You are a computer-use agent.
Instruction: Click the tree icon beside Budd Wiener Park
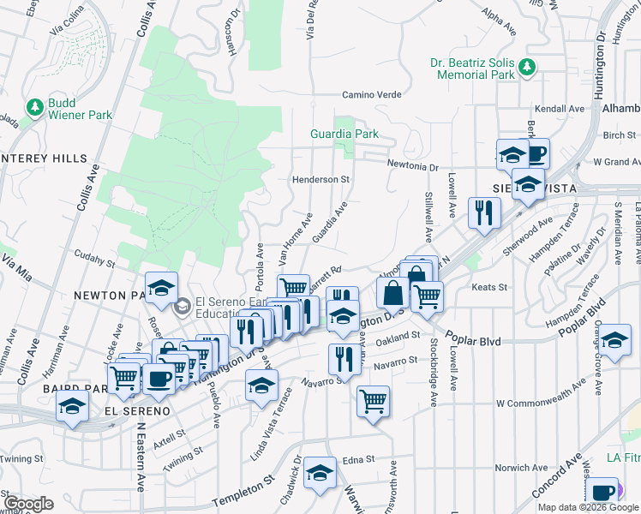(x=35, y=108)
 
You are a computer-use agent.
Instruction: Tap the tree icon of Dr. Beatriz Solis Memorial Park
(x=528, y=66)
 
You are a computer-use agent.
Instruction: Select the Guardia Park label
(x=344, y=134)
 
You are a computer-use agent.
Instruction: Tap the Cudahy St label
(x=94, y=256)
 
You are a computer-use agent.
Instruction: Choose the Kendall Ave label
(x=559, y=110)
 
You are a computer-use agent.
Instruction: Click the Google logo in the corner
(x=29, y=504)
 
